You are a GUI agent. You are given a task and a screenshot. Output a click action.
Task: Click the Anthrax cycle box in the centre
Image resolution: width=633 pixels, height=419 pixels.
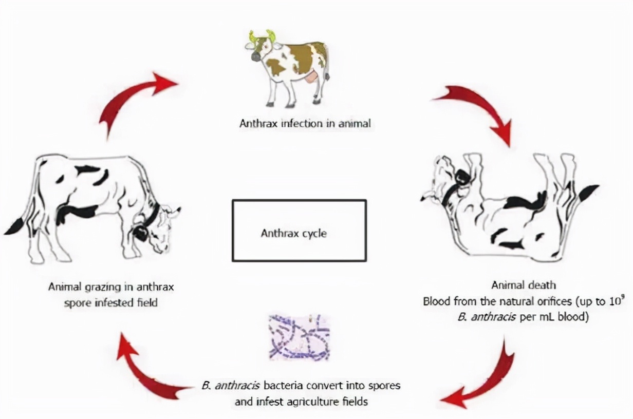coord(299,231)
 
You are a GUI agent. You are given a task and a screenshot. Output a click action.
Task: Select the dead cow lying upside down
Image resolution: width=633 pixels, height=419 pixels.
coord(509,205)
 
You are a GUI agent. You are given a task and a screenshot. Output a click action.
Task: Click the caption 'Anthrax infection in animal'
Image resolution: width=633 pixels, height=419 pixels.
coord(305,124)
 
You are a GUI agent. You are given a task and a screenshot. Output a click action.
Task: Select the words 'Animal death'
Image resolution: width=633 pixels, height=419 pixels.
coord(524,285)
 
